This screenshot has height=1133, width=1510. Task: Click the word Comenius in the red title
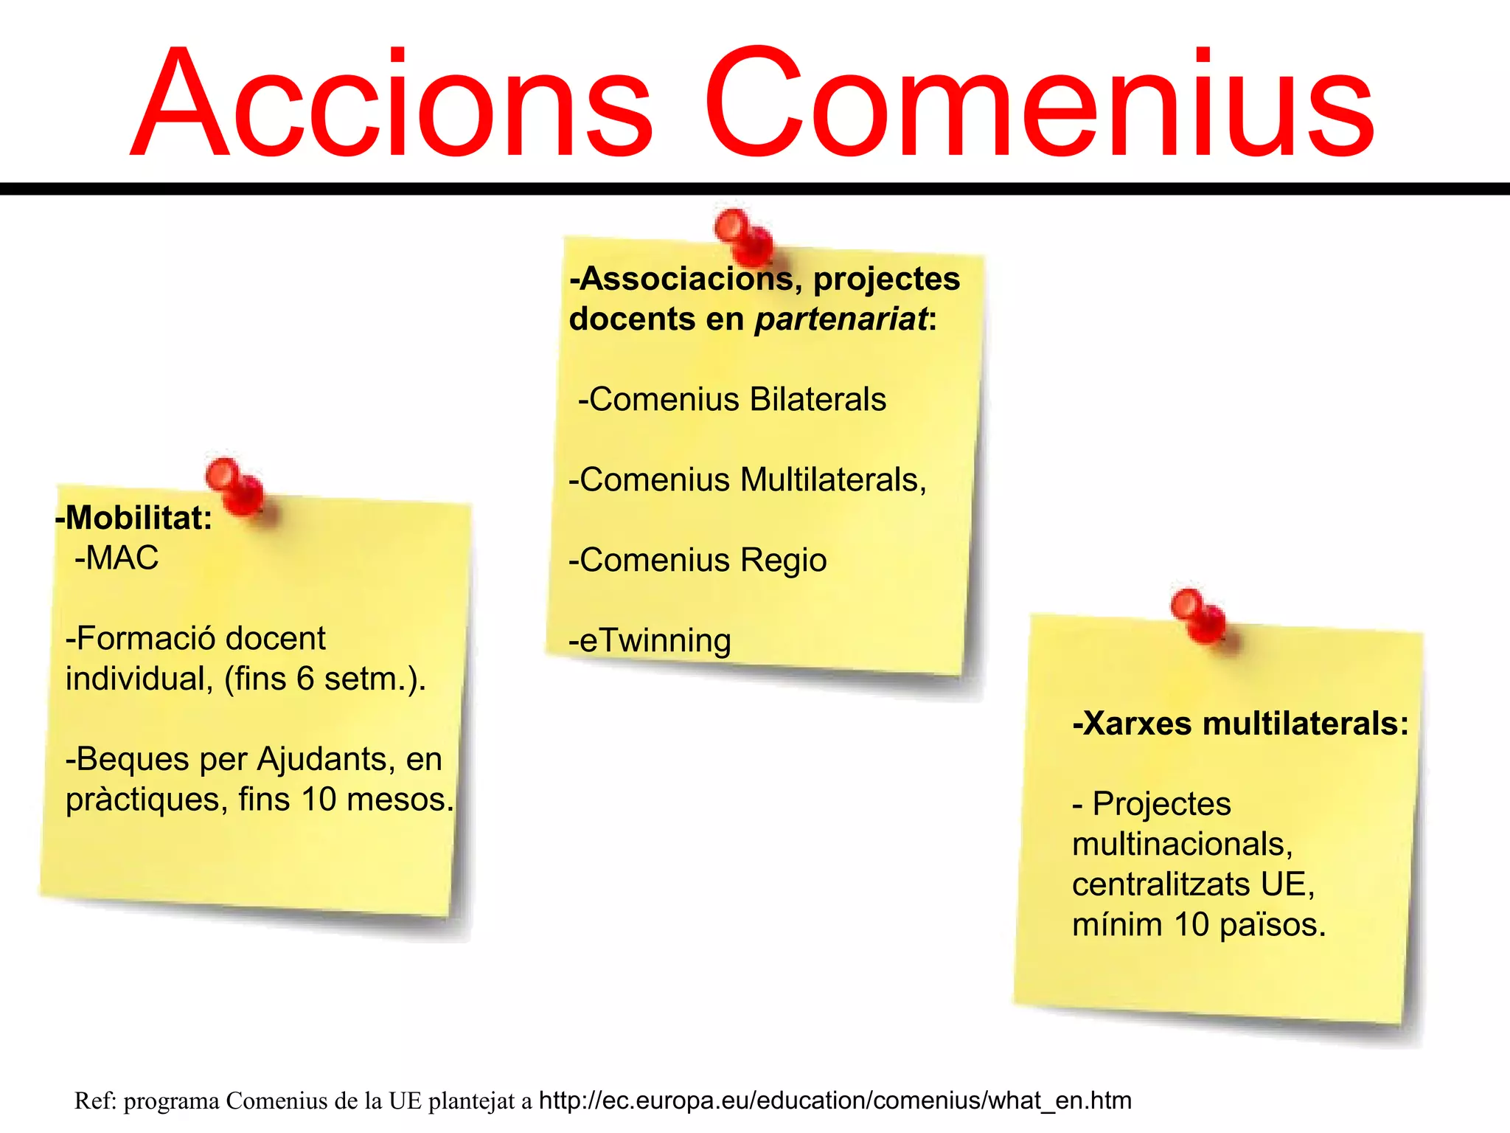click(1040, 103)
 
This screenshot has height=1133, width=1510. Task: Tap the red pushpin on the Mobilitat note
click(234, 487)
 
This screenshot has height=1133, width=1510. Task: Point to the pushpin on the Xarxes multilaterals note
click(1197, 615)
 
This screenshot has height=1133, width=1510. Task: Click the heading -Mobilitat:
click(134, 518)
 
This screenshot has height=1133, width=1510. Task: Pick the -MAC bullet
click(116, 558)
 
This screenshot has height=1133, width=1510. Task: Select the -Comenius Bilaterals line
click(732, 400)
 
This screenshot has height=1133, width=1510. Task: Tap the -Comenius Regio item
click(697, 561)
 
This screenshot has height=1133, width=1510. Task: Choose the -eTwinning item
click(650, 641)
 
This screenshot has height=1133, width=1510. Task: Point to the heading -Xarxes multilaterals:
click(1240, 724)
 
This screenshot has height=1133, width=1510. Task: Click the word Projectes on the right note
click(1161, 804)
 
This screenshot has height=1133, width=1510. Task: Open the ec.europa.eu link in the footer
click(835, 1101)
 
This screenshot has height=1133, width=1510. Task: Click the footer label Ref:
click(95, 1101)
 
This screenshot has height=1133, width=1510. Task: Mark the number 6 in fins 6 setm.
click(306, 679)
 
